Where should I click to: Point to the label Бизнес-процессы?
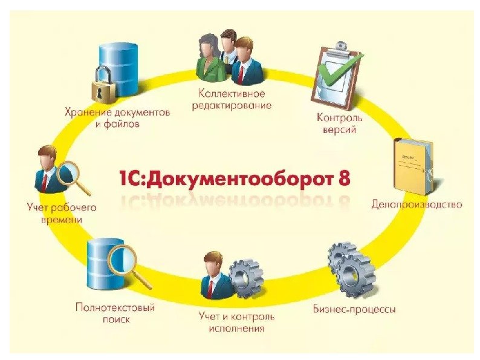354,310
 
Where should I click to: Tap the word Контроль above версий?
339,117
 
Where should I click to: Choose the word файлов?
123,123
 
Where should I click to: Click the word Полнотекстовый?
115,307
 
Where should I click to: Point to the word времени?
62,220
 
